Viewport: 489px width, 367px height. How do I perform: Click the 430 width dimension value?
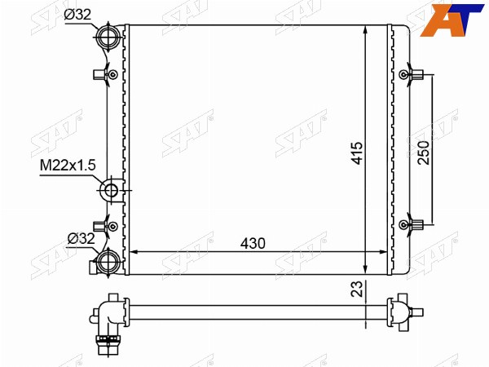253,243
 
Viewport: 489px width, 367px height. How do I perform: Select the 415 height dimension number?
357,153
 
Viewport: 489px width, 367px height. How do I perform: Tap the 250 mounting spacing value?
424,153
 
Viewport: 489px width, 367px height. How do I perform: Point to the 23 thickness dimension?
358,289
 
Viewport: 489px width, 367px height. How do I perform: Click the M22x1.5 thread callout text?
68,166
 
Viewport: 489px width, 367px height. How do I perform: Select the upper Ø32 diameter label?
77,15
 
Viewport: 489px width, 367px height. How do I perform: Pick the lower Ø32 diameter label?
81,239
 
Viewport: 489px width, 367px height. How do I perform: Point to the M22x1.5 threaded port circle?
111,190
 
